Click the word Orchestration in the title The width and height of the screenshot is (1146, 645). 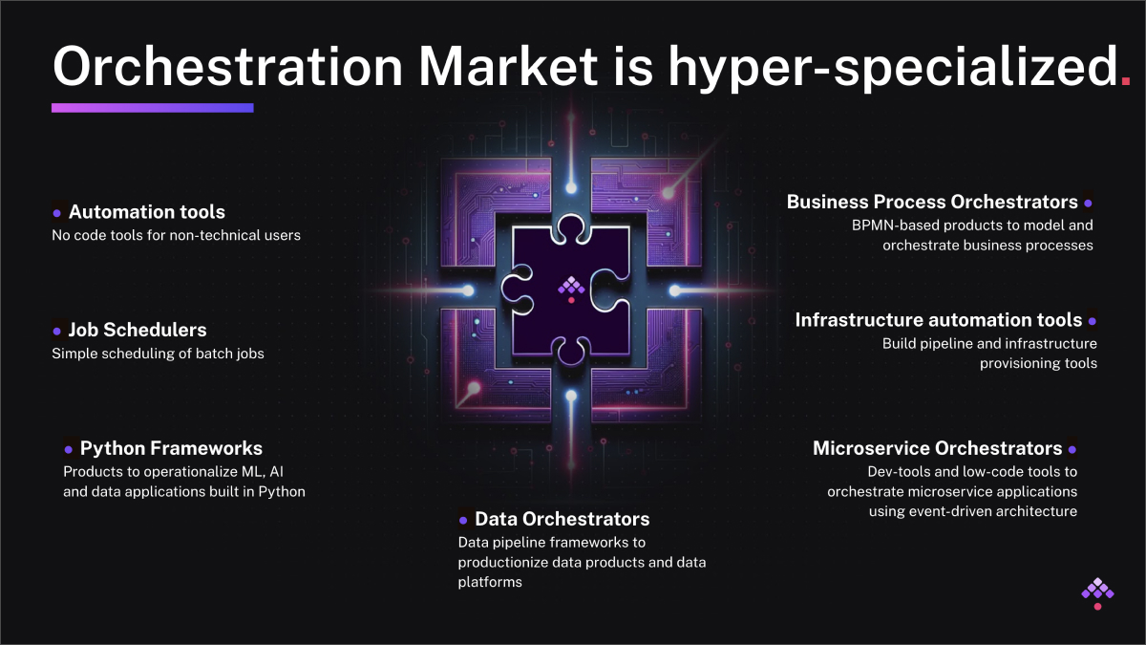tap(228, 67)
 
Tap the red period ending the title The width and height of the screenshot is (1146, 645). tap(1125, 81)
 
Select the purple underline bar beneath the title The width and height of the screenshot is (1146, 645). tap(153, 107)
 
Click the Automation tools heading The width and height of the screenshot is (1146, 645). tap(147, 212)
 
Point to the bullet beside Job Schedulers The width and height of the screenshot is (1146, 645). tap(56, 332)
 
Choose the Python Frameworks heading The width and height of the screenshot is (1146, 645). tap(171, 448)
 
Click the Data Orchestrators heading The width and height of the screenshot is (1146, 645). tap(562, 519)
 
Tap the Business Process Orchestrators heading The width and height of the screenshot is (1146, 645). tap(932, 202)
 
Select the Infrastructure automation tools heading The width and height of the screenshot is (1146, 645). tap(938, 320)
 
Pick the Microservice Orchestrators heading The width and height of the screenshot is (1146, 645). tap(937, 448)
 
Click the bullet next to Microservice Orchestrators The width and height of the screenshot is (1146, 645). tap(1072, 449)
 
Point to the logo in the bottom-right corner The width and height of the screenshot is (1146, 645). tap(1097, 593)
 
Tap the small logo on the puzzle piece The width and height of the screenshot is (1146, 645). tap(571, 290)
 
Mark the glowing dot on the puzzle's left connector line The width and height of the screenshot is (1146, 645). tap(468, 290)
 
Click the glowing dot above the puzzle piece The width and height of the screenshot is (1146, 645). tap(571, 187)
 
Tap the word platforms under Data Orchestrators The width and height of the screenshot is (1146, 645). tap(490, 582)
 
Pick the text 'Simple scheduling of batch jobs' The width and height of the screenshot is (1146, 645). tap(158, 354)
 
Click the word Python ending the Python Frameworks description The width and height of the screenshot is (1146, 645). tap(282, 492)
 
